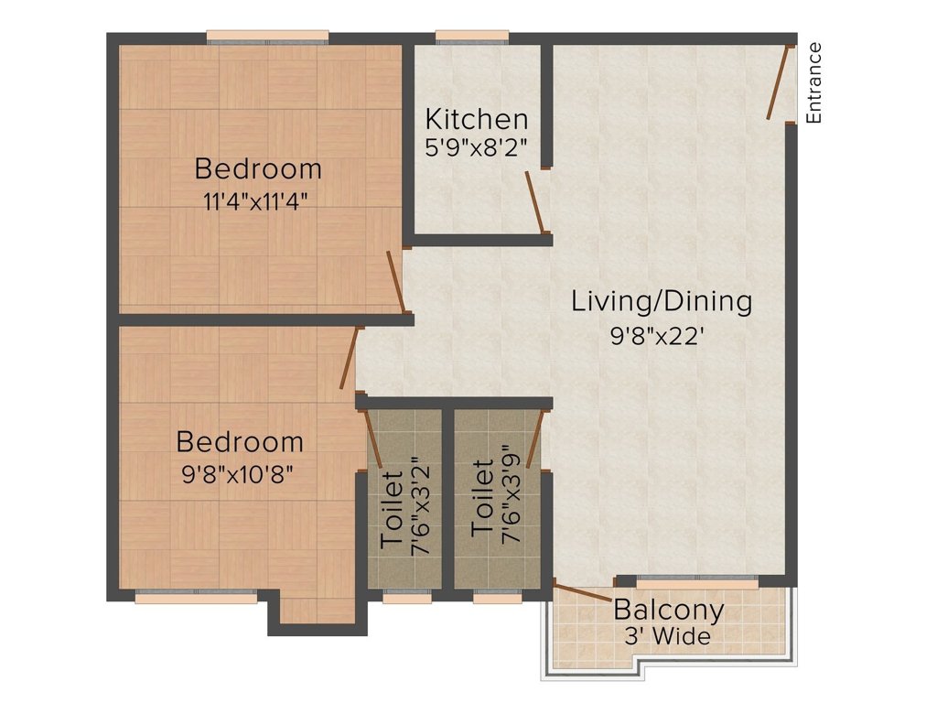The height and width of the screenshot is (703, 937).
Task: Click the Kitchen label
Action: (477, 119)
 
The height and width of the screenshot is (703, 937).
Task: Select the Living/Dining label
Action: (662, 301)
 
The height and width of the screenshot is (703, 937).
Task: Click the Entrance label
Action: (814, 82)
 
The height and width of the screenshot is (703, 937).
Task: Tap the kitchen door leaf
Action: (536, 202)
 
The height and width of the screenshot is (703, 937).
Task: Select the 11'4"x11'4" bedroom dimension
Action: (259, 200)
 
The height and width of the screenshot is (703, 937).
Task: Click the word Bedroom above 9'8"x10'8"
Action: (240, 442)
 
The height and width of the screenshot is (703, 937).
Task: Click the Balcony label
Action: (669, 609)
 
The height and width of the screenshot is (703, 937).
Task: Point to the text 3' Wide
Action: (668, 636)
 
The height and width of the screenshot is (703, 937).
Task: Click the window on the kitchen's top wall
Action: (472, 37)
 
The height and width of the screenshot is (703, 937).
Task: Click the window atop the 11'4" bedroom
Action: (267, 37)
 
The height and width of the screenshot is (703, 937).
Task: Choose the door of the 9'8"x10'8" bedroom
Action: (348, 359)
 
